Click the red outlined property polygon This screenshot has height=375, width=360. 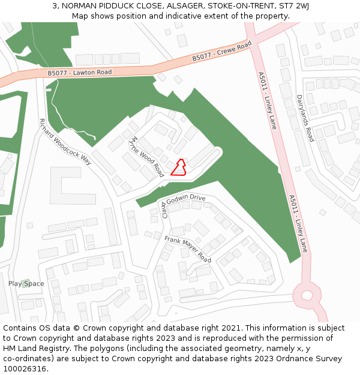click(179, 167)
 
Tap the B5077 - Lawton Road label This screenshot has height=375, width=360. click(80, 73)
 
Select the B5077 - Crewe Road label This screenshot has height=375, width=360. click(221, 52)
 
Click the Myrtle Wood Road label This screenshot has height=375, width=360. click(147, 156)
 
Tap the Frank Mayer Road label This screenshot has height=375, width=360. click(188, 249)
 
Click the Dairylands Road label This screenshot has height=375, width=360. click(305, 118)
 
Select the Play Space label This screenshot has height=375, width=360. click(26, 284)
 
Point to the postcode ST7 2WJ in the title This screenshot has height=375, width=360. click(295, 6)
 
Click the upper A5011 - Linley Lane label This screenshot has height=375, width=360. click(268, 101)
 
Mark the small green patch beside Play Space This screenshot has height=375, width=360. click(25, 283)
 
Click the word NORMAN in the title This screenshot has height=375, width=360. click(79, 6)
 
